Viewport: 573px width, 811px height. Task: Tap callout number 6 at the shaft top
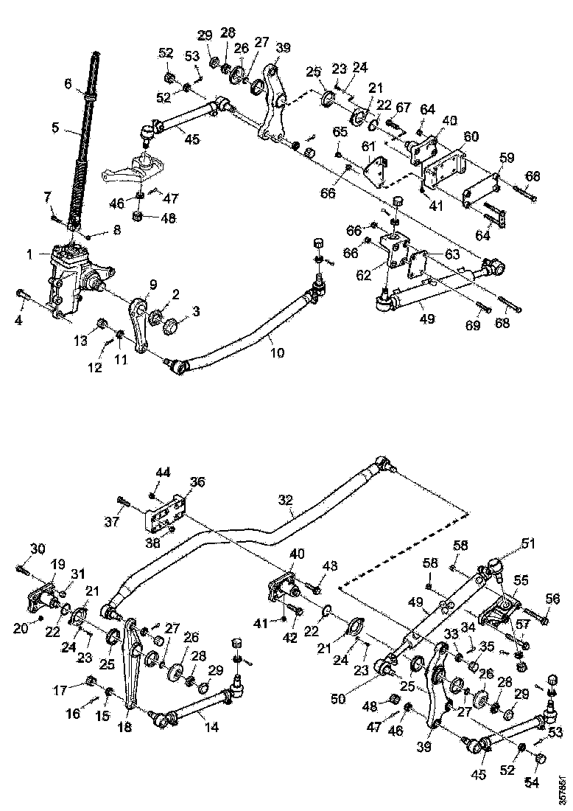(x=68, y=85)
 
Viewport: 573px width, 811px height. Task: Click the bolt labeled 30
(x=21, y=569)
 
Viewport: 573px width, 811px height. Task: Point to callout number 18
(x=125, y=727)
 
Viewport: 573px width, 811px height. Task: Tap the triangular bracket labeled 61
(x=377, y=168)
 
